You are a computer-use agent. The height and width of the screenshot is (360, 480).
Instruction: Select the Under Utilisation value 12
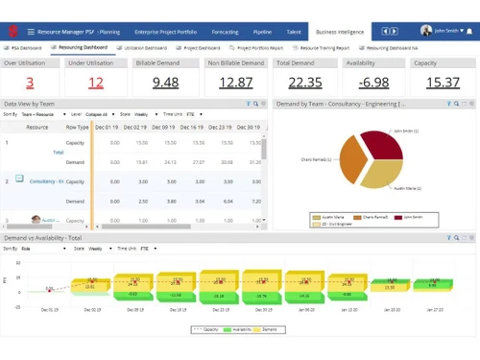(x=96, y=83)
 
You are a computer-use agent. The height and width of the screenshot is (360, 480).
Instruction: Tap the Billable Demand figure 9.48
(x=165, y=83)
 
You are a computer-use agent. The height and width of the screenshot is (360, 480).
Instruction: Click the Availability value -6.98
(x=373, y=83)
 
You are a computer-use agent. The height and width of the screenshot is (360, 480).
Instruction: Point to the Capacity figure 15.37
(x=443, y=83)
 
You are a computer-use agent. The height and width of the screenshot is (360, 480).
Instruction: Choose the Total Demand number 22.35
(x=304, y=83)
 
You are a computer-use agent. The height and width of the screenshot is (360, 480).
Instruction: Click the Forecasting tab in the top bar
(x=228, y=32)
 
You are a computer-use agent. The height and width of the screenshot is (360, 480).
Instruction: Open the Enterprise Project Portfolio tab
(x=164, y=32)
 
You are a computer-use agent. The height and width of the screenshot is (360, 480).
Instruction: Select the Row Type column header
(x=78, y=126)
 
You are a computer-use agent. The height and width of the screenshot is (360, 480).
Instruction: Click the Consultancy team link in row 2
(x=46, y=180)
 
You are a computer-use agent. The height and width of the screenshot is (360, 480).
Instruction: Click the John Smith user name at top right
(x=445, y=31)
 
